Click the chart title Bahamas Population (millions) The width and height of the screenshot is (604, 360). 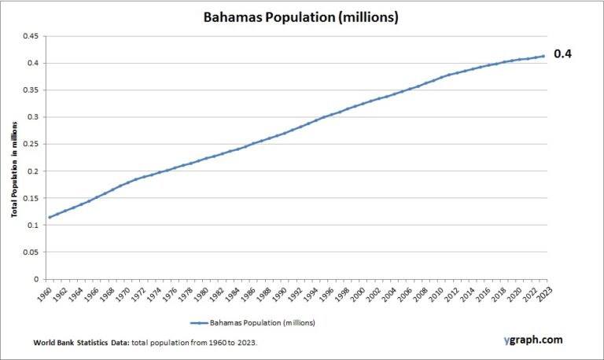(x=301, y=17)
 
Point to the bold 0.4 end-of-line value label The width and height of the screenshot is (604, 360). (x=563, y=55)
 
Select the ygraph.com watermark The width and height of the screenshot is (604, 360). (x=533, y=340)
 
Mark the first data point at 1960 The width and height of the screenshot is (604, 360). (x=50, y=217)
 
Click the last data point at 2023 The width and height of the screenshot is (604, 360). (x=543, y=56)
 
